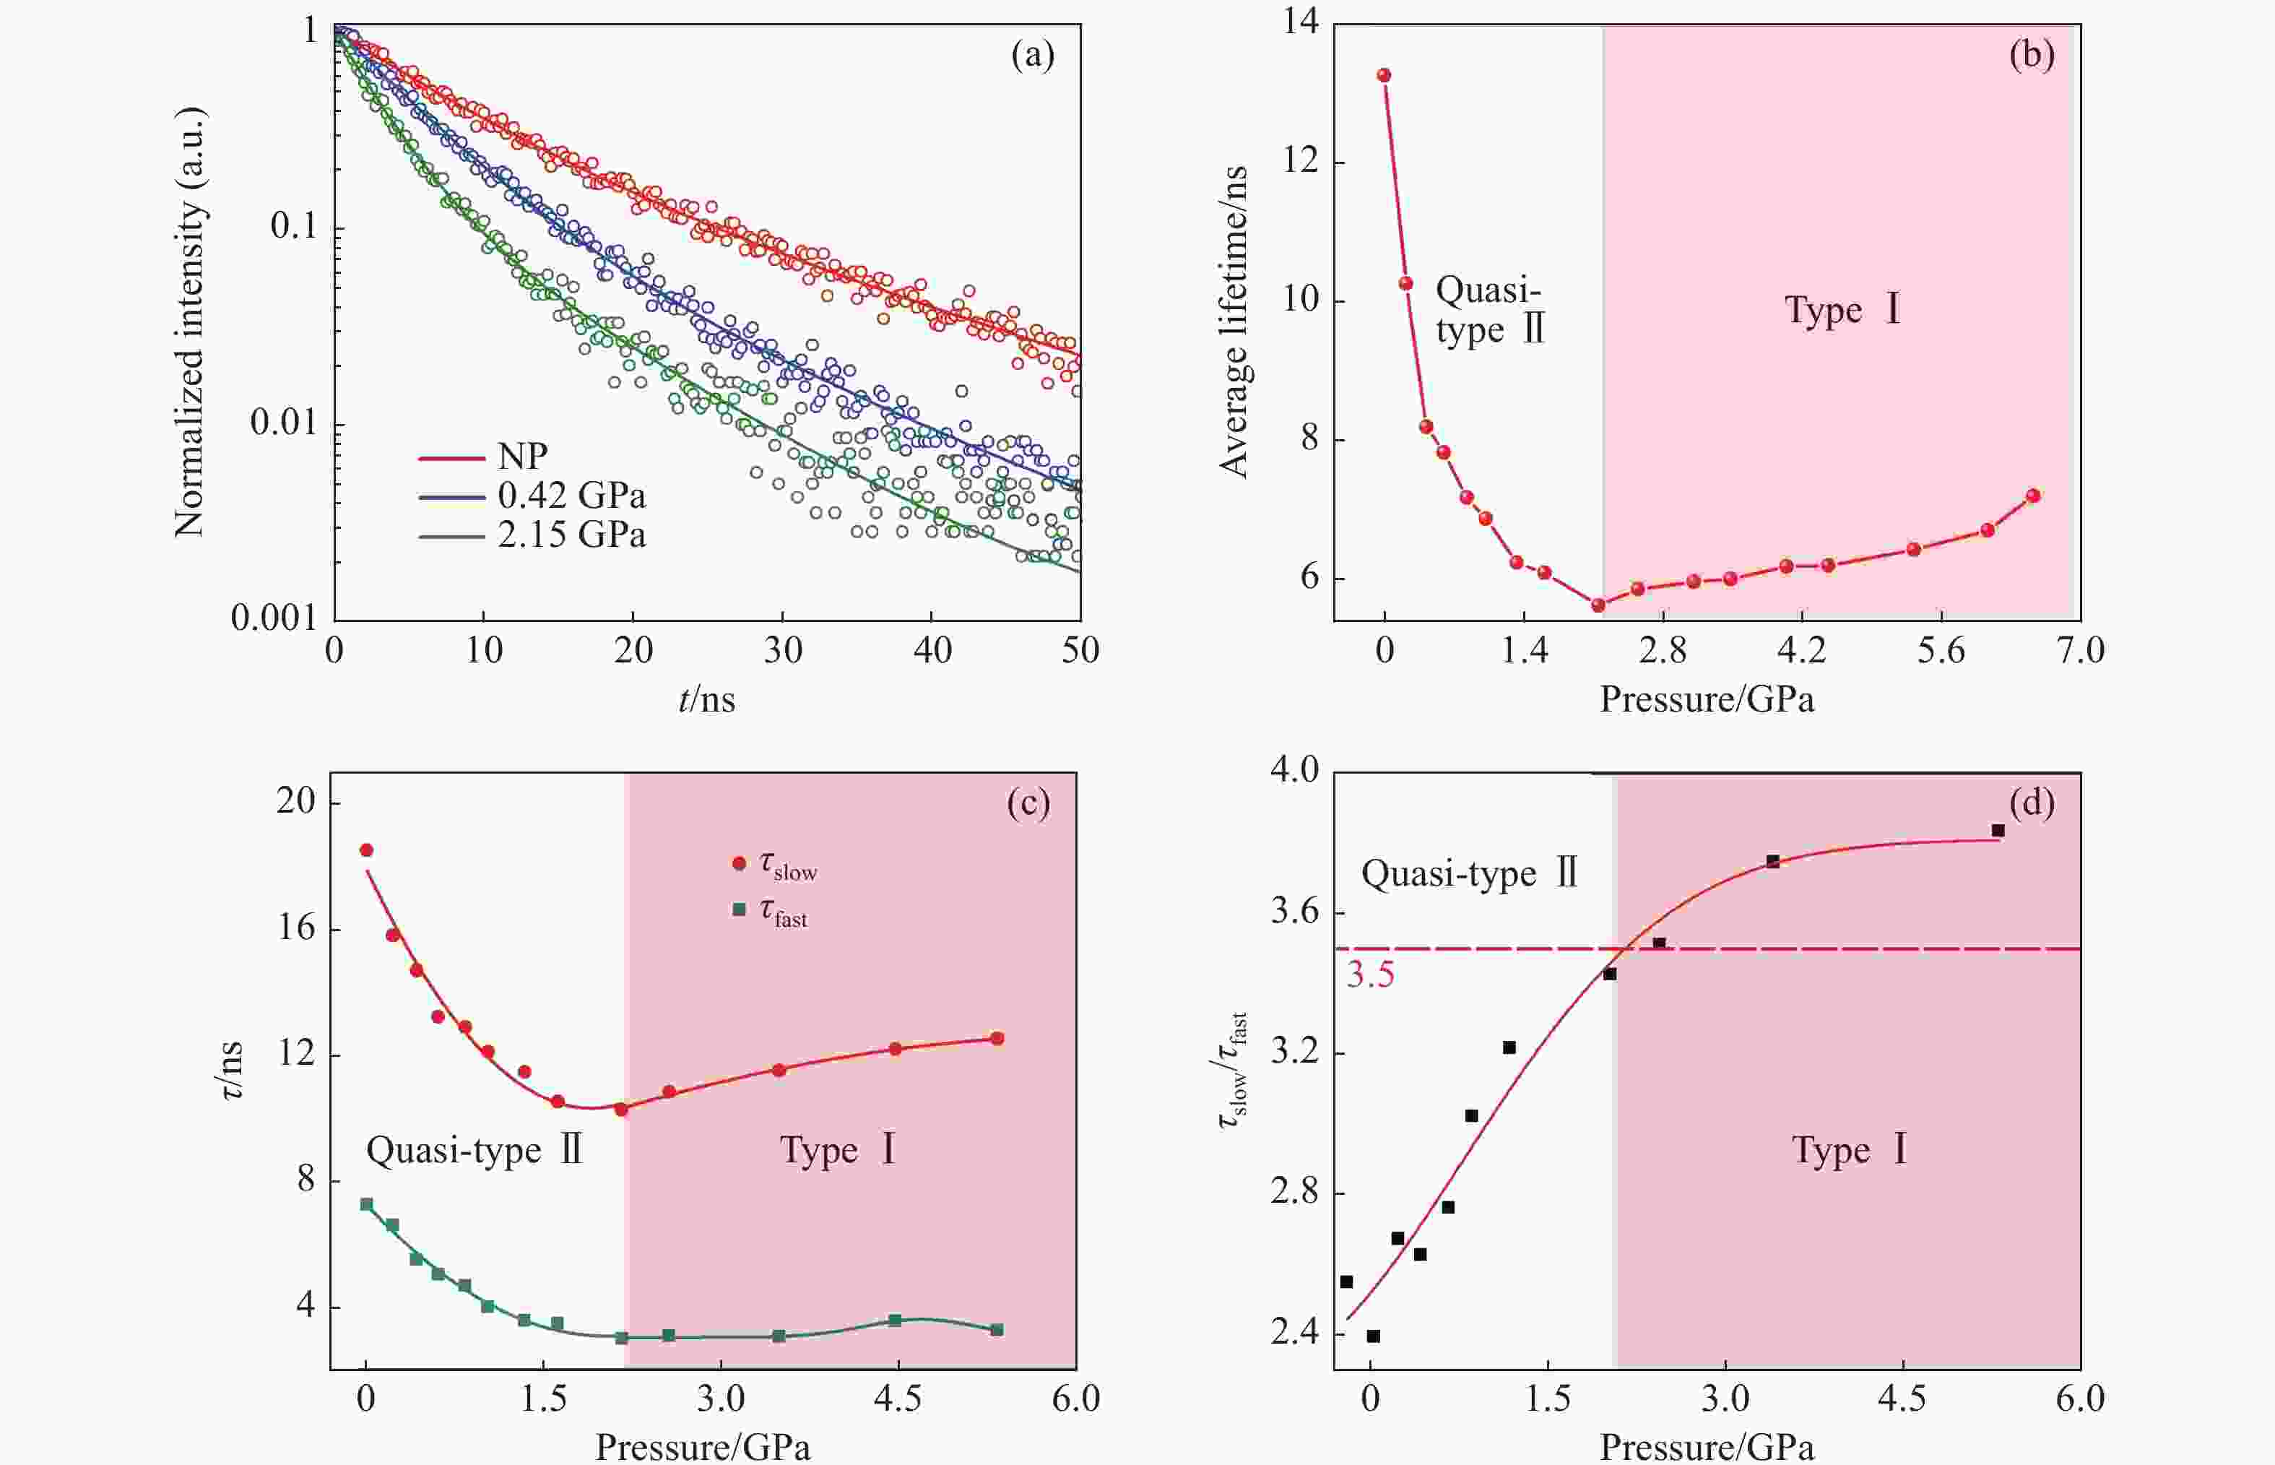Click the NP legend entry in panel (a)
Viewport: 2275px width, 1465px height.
521,457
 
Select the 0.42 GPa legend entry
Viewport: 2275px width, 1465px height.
571,496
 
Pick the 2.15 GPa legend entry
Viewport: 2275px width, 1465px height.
571,535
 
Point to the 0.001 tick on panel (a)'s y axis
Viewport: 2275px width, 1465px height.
274,618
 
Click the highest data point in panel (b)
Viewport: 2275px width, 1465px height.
1384,75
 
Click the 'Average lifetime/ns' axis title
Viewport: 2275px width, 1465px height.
1234,321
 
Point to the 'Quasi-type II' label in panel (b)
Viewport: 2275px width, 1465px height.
1489,310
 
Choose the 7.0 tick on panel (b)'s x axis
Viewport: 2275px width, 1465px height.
2080,652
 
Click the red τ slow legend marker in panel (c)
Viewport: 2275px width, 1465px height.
739,863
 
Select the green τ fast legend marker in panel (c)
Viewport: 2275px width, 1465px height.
739,909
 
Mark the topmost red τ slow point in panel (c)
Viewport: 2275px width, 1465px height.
366,850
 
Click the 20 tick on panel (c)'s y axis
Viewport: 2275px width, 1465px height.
296,802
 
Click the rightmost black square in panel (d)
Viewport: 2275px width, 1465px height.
1998,831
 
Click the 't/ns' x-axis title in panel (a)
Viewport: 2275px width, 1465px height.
706,700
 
